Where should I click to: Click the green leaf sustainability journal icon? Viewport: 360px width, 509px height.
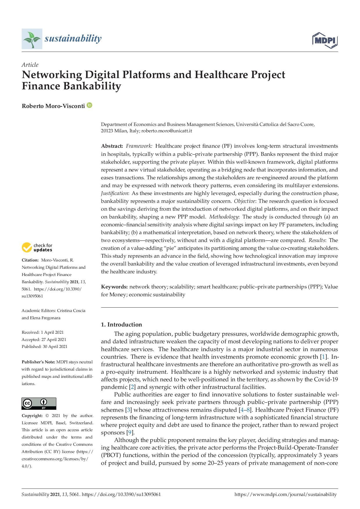[x=32, y=39]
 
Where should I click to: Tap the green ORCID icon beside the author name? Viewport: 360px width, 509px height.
[x=89, y=105]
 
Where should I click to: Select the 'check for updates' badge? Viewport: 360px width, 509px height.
[x=37, y=248]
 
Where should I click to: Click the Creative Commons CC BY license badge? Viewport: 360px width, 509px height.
[x=39, y=403]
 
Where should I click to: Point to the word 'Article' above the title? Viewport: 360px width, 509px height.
[x=30, y=65]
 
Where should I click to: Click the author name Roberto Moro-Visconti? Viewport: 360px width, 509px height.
[x=53, y=106]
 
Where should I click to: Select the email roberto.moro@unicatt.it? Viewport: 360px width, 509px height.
[x=167, y=131]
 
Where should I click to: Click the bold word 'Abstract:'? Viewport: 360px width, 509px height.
[x=112, y=146]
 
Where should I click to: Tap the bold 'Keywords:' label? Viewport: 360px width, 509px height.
[x=114, y=287]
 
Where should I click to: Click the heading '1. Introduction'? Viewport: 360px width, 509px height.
[x=121, y=324]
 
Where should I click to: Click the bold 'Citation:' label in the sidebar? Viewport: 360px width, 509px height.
[x=30, y=260]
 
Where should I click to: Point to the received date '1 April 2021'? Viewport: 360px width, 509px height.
[x=52, y=332]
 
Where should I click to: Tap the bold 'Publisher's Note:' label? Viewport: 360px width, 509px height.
[x=38, y=362]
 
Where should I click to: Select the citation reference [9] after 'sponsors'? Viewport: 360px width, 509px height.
[x=131, y=433]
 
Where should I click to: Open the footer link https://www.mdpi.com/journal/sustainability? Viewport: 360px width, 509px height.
[x=285, y=494]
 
